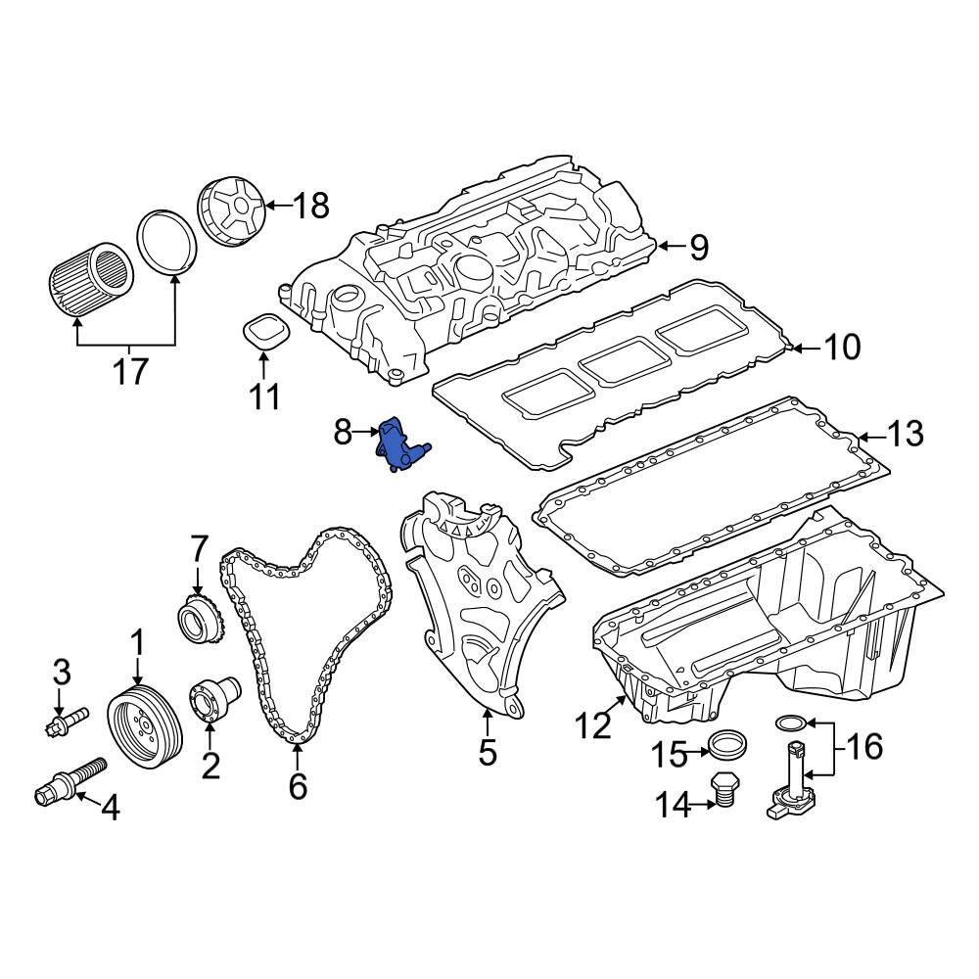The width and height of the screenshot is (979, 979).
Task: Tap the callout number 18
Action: [310, 206]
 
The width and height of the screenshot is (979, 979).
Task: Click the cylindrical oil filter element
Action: [90, 278]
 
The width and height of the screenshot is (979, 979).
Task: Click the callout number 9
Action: [697, 247]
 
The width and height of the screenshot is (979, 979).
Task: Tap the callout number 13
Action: [905, 433]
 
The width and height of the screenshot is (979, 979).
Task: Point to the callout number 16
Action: [863, 746]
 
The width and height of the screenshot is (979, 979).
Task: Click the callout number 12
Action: [592, 725]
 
